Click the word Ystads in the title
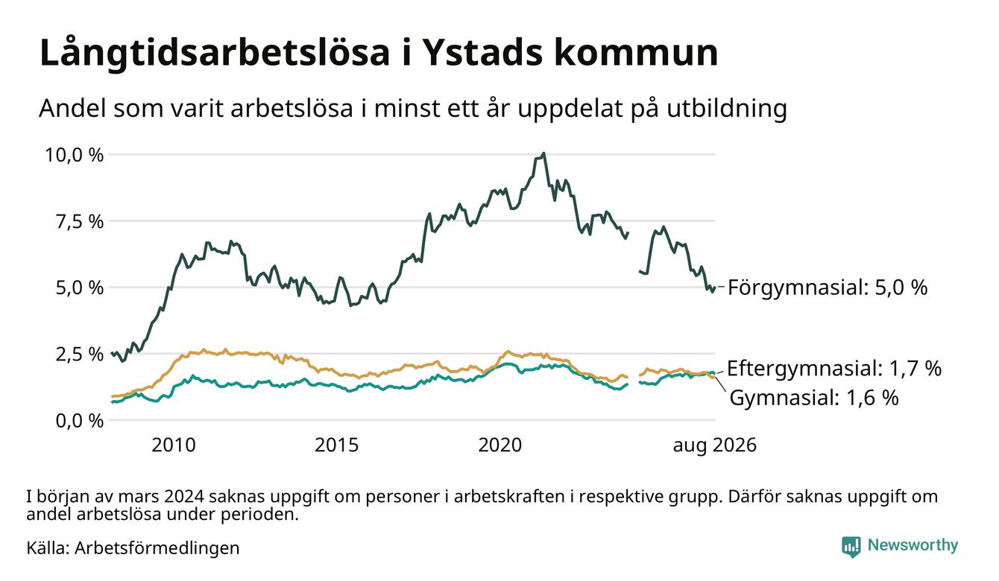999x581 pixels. pyautogui.click(x=482, y=54)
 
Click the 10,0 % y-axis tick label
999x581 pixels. pyautogui.click(x=74, y=155)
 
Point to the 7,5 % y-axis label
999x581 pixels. pyautogui.click(x=79, y=221)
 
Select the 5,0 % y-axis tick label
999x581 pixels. pyautogui.click(x=79, y=288)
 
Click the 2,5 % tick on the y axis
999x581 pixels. pyautogui.click(x=79, y=355)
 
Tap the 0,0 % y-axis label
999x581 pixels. pyautogui.click(x=79, y=421)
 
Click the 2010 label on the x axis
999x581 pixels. pyautogui.click(x=174, y=445)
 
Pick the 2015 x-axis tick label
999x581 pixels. pyautogui.click(x=337, y=445)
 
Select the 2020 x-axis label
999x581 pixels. pyautogui.click(x=500, y=445)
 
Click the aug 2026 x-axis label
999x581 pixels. pyautogui.click(x=714, y=445)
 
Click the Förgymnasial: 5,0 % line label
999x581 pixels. pyautogui.click(x=828, y=288)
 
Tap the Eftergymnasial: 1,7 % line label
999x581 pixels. pyautogui.click(x=834, y=369)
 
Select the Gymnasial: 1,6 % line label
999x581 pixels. pyautogui.click(x=814, y=398)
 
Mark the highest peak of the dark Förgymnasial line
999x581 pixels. pyautogui.click(x=543, y=153)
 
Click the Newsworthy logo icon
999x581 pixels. pyautogui.click(x=851, y=547)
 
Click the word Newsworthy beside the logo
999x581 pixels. pyautogui.click(x=913, y=545)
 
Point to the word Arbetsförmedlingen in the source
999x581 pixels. pyautogui.click(x=157, y=548)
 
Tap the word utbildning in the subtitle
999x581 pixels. pyautogui.click(x=727, y=109)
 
